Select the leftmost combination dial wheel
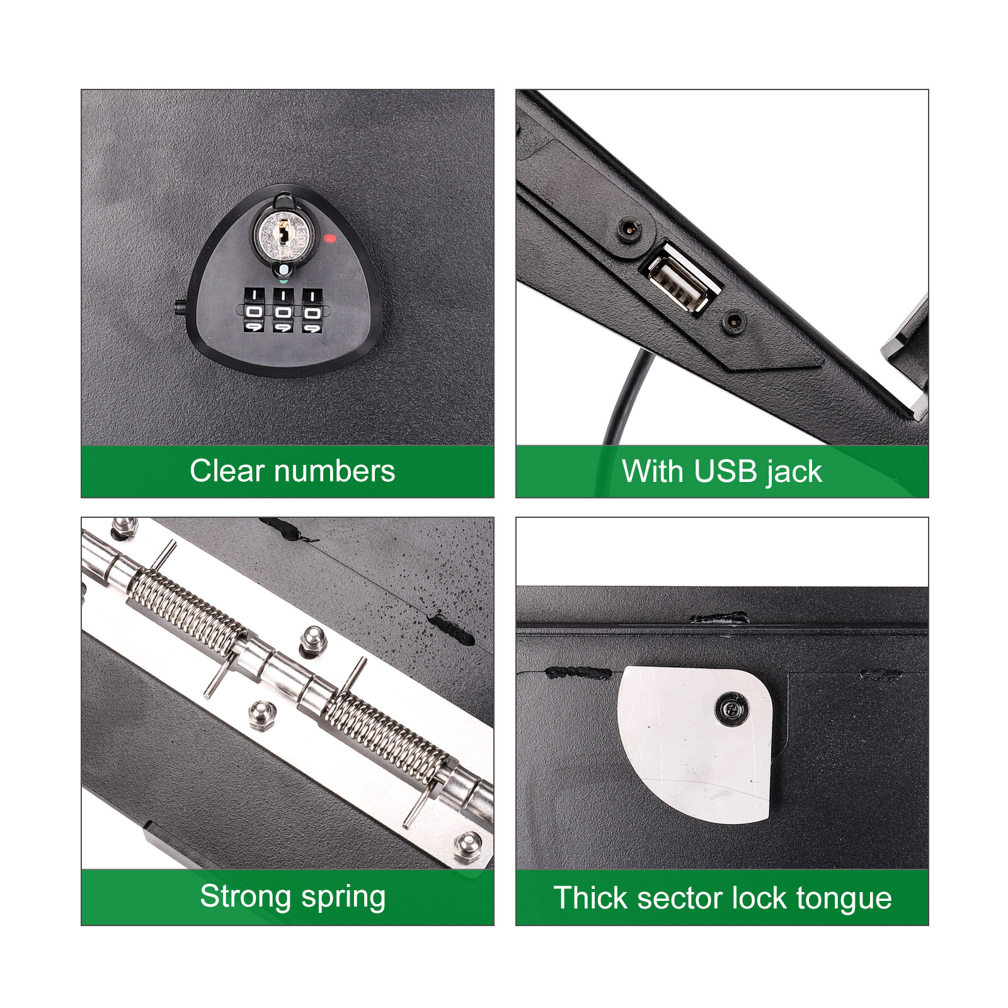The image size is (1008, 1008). click(x=254, y=311)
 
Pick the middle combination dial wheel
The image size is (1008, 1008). click(x=283, y=311)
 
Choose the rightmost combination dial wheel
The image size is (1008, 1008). click(x=312, y=311)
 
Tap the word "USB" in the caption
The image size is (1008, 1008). click(x=726, y=471)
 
